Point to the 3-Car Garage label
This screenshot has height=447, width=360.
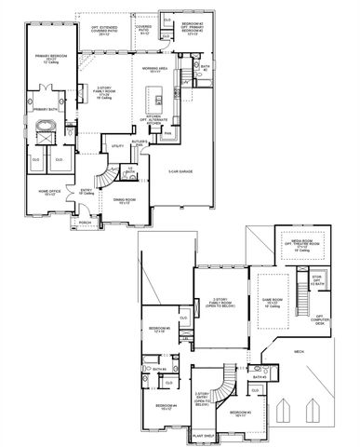point(180,170)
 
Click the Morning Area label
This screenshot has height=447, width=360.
point(153,71)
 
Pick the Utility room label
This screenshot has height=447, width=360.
point(118,146)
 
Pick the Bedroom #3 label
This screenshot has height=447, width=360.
point(241,413)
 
